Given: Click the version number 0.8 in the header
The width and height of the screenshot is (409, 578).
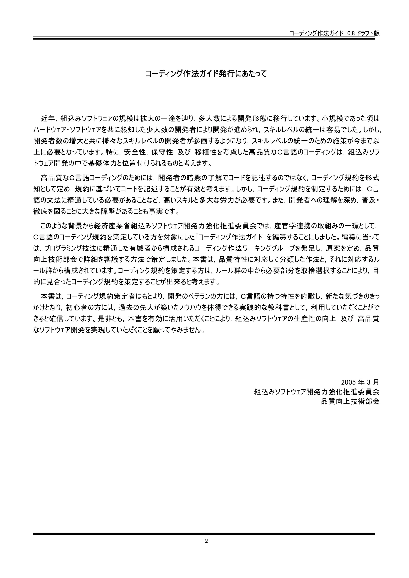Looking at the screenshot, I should coord(351,34).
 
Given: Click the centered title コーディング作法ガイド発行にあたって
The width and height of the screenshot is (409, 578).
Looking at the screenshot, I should coord(206,74).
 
